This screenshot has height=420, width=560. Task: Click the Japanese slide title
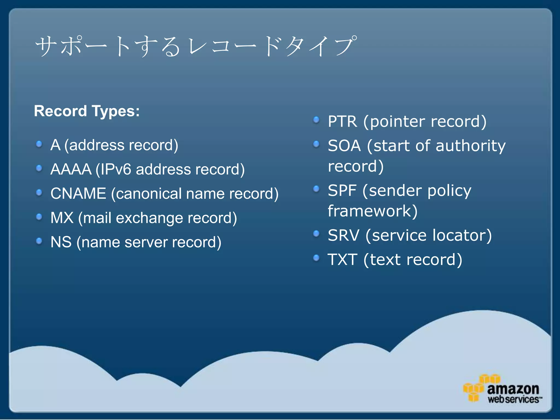pyautogui.click(x=196, y=46)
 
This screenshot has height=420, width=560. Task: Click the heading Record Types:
pyautogui.click(x=87, y=111)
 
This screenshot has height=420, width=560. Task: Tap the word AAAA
pyautogui.click(x=71, y=169)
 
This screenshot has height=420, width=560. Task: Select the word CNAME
pyautogui.click(x=78, y=194)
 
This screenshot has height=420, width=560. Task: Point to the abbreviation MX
pyautogui.click(x=62, y=218)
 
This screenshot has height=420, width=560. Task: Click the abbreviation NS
pyautogui.click(x=61, y=242)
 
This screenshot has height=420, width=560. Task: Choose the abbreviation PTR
pyautogui.click(x=342, y=121)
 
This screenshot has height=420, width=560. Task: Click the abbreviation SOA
pyautogui.click(x=344, y=146)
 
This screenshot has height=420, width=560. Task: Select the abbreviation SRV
pyautogui.click(x=343, y=235)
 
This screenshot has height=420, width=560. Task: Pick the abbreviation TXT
pyautogui.click(x=342, y=259)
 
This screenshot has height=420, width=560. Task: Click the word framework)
pyautogui.click(x=372, y=211)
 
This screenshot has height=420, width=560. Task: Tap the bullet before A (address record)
pyautogui.click(x=39, y=144)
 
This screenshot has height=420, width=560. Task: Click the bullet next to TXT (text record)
pyautogui.click(x=316, y=258)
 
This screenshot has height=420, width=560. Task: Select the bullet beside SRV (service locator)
pyautogui.click(x=316, y=234)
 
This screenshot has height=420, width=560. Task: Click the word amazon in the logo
pyautogui.click(x=513, y=389)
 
